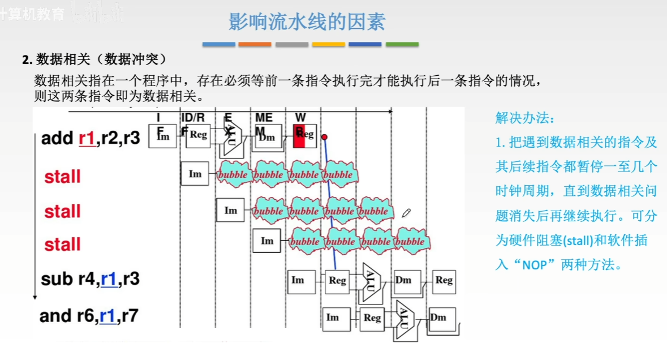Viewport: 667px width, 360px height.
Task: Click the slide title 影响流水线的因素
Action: tap(307, 22)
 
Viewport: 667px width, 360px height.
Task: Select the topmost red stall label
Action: tap(62, 177)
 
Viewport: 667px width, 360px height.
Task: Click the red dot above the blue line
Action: tap(324, 137)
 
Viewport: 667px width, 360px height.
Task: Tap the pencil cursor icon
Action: tap(406, 213)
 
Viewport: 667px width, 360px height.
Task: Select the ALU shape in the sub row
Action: tap(371, 279)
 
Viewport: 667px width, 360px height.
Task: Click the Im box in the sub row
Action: tap(298, 280)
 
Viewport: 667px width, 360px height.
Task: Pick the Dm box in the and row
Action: tap(438, 318)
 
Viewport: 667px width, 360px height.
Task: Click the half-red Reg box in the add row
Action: tap(303, 135)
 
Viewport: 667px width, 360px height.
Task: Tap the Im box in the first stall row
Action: tap(195, 174)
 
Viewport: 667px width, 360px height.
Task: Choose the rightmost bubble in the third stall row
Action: tap(410, 242)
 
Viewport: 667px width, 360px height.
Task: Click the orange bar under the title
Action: tap(255, 44)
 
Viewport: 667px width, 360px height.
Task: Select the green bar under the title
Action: tap(402, 44)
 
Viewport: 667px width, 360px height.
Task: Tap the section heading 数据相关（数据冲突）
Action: tap(94, 59)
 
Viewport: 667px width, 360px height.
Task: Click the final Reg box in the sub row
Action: tap(444, 280)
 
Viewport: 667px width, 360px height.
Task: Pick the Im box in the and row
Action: tap(333, 318)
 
